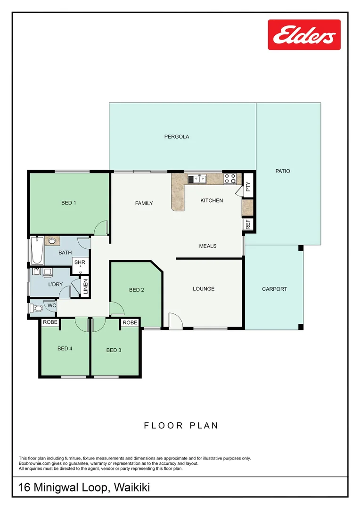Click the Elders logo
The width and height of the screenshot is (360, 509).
(304, 35)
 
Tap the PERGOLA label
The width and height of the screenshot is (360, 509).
(177, 137)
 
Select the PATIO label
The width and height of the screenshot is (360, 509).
(283, 171)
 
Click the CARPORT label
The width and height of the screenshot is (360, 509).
(274, 289)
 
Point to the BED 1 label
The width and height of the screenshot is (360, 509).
(69, 203)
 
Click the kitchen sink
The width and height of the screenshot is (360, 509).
(197, 179)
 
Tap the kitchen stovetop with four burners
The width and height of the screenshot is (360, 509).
(230, 179)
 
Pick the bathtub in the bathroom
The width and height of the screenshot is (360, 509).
(37, 250)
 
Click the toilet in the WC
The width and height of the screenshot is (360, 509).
(36, 308)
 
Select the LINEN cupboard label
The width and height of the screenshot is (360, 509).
(85, 287)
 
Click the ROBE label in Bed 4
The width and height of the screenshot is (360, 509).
(50, 322)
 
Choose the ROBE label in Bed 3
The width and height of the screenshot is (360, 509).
(130, 322)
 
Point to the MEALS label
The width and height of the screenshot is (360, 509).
(208, 246)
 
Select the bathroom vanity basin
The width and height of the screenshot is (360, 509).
(52, 241)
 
